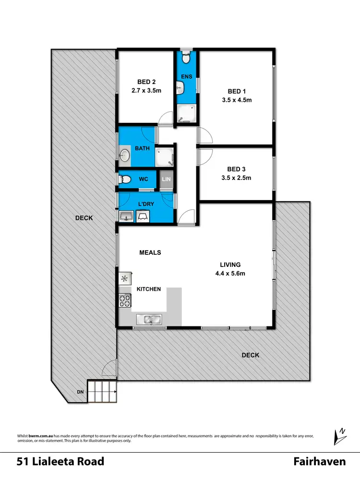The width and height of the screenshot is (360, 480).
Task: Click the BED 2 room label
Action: pyautogui.click(x=144, y=82)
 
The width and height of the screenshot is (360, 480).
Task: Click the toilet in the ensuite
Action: pyautogui.click(x=187, y=58)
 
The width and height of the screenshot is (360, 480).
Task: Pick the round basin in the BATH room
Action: pyautogui.click(x=124, y=155)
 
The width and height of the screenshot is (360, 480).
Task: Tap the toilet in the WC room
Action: pyautogui.click(x=125, y=180)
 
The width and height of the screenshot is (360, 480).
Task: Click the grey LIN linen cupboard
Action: pyautogui.click(x=167, y=180)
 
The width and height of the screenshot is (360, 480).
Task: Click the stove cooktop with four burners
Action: pyautogui.click(x=125, y=301)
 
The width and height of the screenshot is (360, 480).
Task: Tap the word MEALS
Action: pyautogui.click(x=150, y=252)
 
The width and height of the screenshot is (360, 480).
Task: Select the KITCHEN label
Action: pyautogui.click(x=149, y=289)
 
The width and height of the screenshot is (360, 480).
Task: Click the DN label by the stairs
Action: pyautogui.click(x=80, y=392)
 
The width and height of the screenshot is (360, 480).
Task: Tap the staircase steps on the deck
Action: pyautogui.click(x=102, y=393)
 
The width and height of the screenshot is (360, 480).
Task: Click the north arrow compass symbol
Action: pyautogui.click(x=340, y=436)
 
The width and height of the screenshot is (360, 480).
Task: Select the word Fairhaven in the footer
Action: pyautogui.click(x=319, y=462)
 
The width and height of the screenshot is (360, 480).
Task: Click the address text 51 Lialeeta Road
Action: pyautogui.click(x=60, y=462)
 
